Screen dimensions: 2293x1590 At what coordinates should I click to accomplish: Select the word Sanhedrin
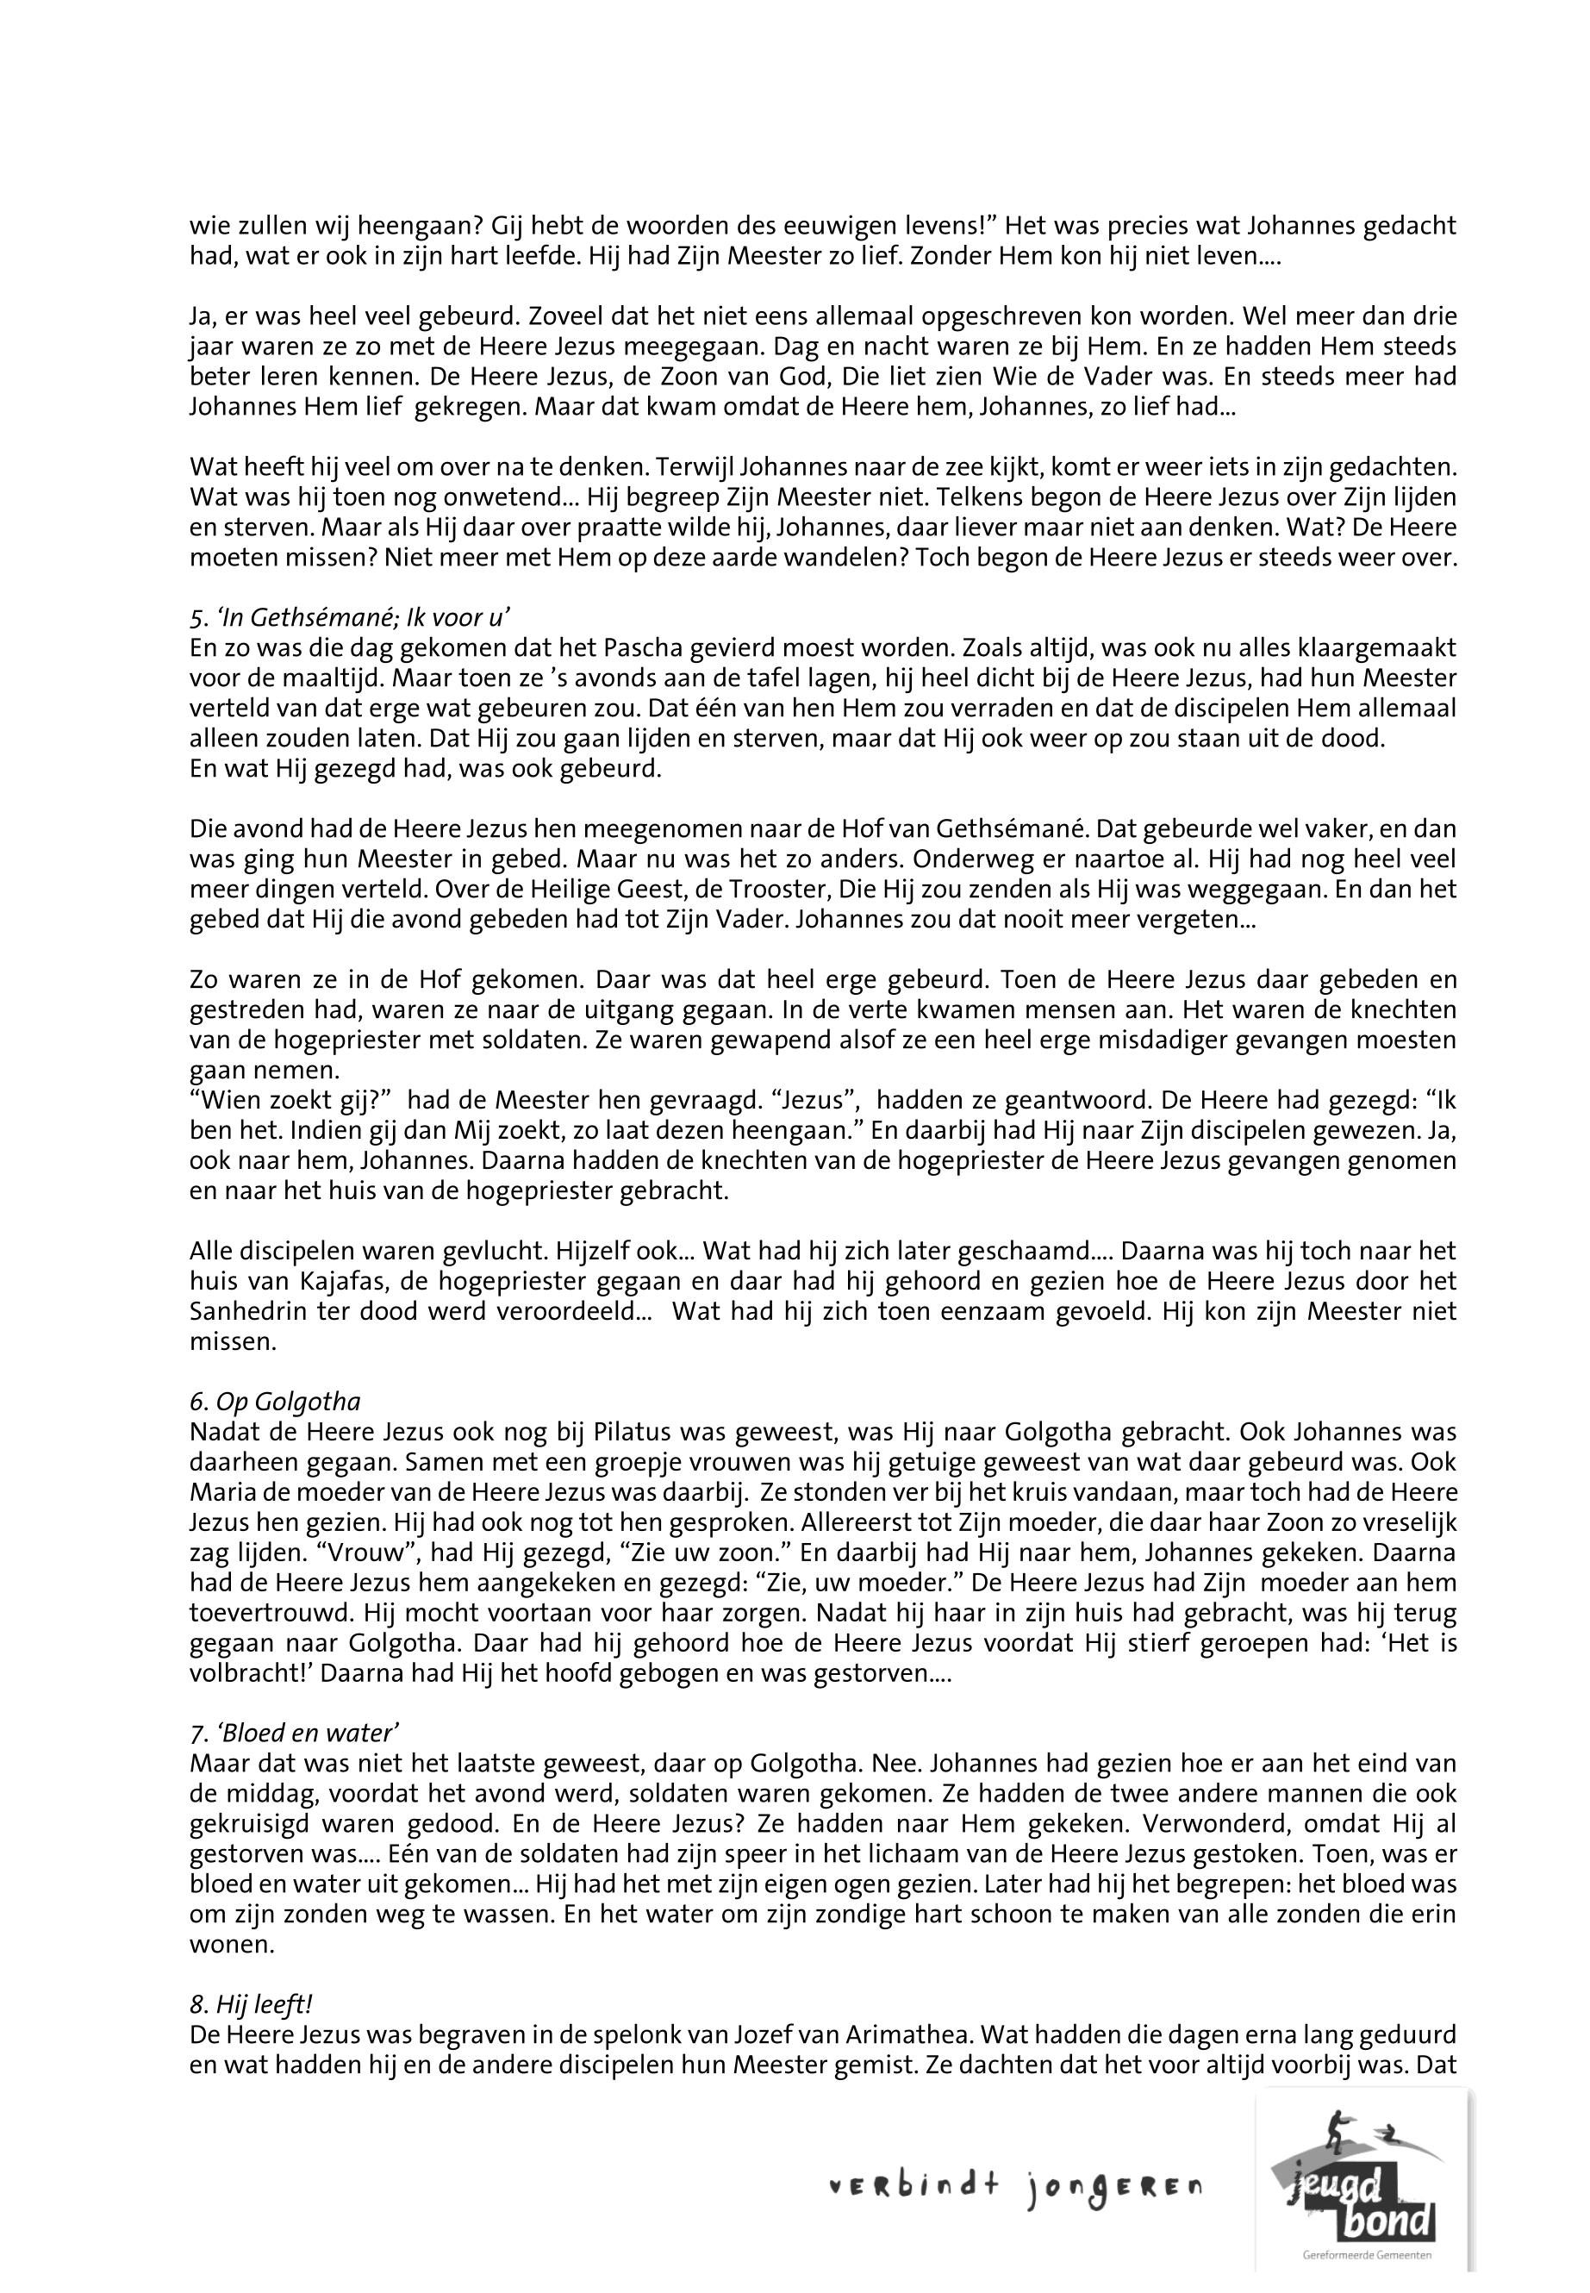click(x=244, y=1311)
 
